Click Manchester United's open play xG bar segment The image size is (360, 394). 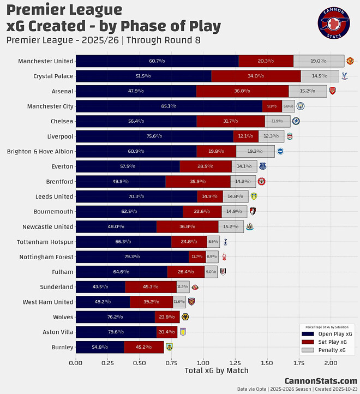[157, 61]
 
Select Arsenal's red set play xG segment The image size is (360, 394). [242, 91]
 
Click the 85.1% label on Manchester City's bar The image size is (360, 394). [169, 106]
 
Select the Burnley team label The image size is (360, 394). [62, 347]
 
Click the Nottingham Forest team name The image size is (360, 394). [45, 256]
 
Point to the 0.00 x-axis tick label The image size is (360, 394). [76, 362]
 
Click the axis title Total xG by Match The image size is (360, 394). [217, 371]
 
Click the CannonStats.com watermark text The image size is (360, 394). [321, 381]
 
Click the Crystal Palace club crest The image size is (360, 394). [344, 76]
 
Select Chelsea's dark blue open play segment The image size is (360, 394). [136, 121]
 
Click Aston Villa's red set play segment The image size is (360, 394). [166, 332]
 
